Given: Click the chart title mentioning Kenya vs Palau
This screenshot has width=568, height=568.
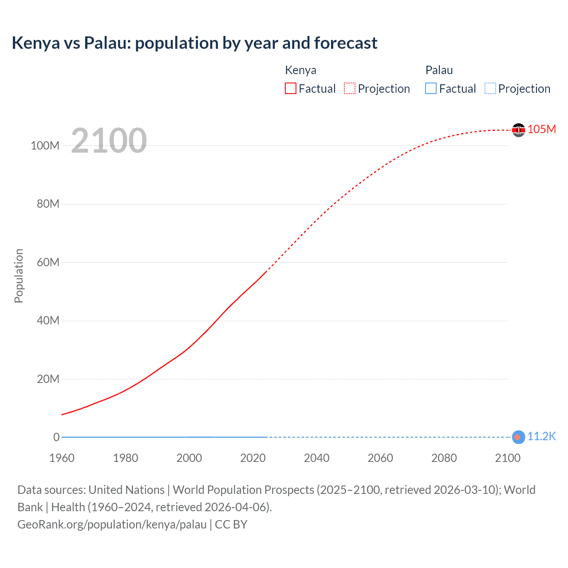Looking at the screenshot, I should [194, 43].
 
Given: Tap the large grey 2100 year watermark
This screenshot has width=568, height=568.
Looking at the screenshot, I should [109, 140].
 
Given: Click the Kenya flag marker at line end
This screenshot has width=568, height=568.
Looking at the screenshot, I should [518, 130].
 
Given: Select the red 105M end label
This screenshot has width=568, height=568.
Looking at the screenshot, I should [541, 129].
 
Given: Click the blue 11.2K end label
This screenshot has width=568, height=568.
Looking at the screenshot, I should [541, 437].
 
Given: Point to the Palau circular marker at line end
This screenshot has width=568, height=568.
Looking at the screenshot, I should [518, 437].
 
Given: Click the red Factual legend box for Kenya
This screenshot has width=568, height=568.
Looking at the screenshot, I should [291, 89].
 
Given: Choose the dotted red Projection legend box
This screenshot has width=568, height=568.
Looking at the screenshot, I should [350, 89].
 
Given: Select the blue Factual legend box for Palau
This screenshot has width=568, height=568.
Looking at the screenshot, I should [431, 89].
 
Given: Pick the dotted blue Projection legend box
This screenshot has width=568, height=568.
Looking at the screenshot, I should [490, 89].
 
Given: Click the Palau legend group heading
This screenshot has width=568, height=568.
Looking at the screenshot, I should [439, 70].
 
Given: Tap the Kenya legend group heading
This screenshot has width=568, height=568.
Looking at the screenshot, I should [300, 70].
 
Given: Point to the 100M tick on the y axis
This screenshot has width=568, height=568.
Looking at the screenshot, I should [45, 146].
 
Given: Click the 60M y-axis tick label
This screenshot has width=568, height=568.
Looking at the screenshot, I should [48, 262].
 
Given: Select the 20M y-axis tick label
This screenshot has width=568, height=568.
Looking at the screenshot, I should [48, 379].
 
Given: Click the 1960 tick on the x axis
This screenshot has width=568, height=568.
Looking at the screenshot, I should [62, 458].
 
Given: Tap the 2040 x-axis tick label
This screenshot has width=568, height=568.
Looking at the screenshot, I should [316, 458].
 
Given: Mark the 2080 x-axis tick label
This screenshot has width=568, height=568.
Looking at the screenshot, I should [444, 458].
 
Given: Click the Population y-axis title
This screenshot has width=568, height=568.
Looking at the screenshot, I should [19, 276].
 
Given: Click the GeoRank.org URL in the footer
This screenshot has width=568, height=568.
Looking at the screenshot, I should [112, 525].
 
